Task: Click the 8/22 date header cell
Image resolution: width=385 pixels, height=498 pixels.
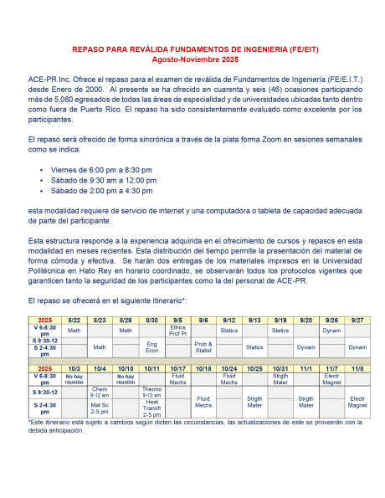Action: [74, 321]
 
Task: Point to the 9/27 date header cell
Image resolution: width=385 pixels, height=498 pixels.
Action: [357, 321]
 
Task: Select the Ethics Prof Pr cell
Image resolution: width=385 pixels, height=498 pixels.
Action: [177, 331]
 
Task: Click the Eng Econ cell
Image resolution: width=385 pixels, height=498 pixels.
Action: [151, 347]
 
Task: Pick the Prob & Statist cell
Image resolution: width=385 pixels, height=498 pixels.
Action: [203, 347]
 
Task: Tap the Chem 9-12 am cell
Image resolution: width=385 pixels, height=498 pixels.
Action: [100, 392]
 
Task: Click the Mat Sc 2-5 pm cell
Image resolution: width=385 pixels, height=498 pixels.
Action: [100, 408]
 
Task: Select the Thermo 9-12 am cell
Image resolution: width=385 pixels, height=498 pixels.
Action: [151, 392]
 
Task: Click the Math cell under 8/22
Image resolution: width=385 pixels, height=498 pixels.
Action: [74, 330]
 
